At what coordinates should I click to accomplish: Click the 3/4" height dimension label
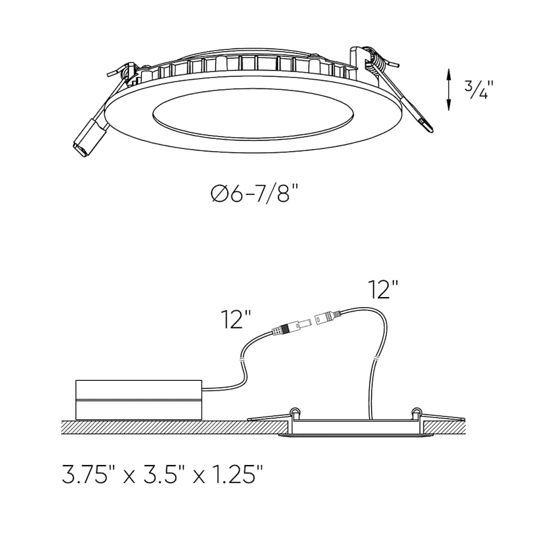point(476,90)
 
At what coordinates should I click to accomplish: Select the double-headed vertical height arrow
point(448,90)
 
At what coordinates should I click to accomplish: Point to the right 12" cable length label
point(383,289)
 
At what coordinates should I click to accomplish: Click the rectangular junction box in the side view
point(138,399)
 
